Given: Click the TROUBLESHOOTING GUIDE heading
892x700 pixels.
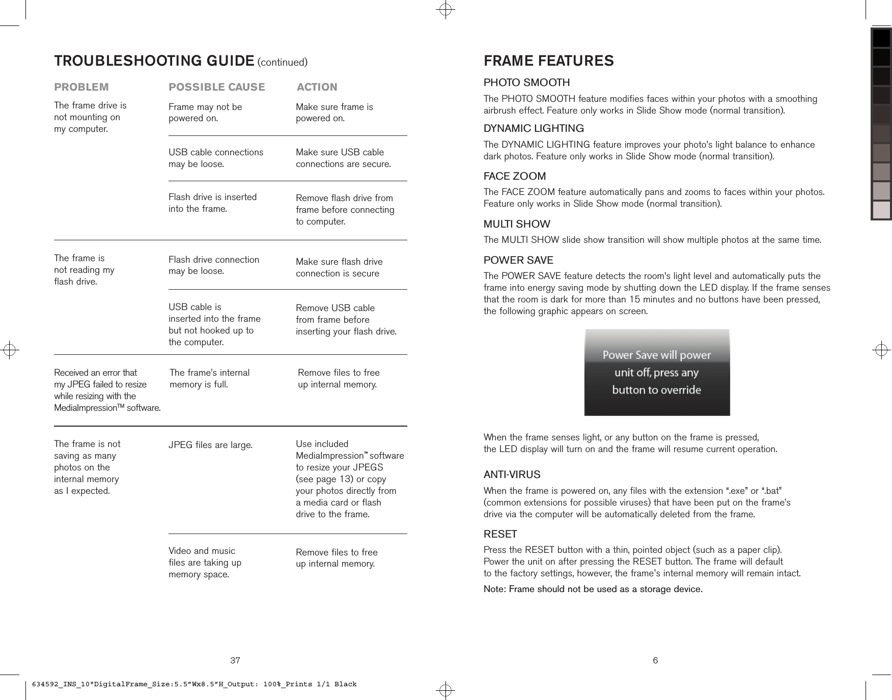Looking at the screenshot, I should (154, 61).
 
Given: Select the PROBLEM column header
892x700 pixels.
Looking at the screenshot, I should (81, 87).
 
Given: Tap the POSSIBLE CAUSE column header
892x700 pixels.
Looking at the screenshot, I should (216, 87).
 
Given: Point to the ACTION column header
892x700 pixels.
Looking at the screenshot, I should (317, 87).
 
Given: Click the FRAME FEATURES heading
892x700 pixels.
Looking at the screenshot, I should (548, 61).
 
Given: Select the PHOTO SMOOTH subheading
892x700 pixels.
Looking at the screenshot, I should (526, 82).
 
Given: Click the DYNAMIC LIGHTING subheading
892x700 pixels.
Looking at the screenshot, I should (533, 128).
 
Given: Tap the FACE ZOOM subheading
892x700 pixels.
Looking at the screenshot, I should (514, 176).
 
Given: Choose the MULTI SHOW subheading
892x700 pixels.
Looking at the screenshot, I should (516, 224).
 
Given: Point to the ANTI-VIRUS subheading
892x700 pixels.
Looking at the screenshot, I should (512, 474).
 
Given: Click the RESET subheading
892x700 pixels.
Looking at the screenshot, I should (500, 534).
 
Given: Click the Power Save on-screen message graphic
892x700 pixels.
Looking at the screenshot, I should (657, 372).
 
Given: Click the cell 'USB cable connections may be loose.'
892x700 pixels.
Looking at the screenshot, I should (216, 158).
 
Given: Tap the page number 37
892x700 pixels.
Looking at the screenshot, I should (235, 661).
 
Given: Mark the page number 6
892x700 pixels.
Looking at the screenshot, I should (655, 661).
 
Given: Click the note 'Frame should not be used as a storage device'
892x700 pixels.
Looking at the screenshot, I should (593, 589).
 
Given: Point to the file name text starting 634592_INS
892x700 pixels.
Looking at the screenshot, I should (194, 684).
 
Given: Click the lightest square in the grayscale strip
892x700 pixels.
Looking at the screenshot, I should (881, 209).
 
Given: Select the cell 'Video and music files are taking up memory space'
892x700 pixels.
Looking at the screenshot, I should (205, 563).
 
